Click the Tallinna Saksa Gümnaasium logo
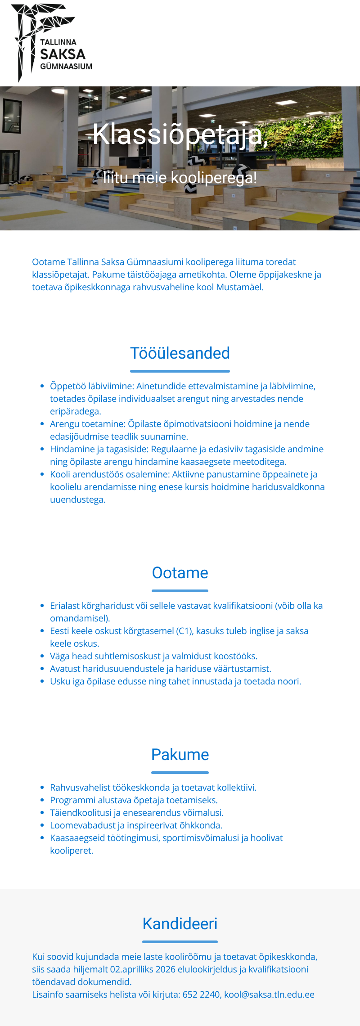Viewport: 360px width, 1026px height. tap(52, 43)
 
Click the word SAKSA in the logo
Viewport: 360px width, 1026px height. tap(63, 54)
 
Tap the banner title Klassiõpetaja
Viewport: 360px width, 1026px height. tap(180, 134)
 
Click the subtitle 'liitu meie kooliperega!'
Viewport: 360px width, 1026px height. tap(180, 178)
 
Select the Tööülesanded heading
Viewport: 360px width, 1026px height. tap(180, 353)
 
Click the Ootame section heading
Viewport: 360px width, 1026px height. tap(180, 573)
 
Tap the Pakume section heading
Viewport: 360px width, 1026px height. tap(180, 755)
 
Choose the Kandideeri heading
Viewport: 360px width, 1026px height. tap(180, 924)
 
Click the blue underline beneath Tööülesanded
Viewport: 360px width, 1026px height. tap(180, 371)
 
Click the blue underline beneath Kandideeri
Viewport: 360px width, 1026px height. tap(180, 941)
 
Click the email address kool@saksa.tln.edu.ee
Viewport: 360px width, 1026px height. tap(269, 994)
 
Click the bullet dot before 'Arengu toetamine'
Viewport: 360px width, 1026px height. tap(42, 424)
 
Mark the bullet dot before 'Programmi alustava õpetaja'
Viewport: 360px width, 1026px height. tap(42, 800)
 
